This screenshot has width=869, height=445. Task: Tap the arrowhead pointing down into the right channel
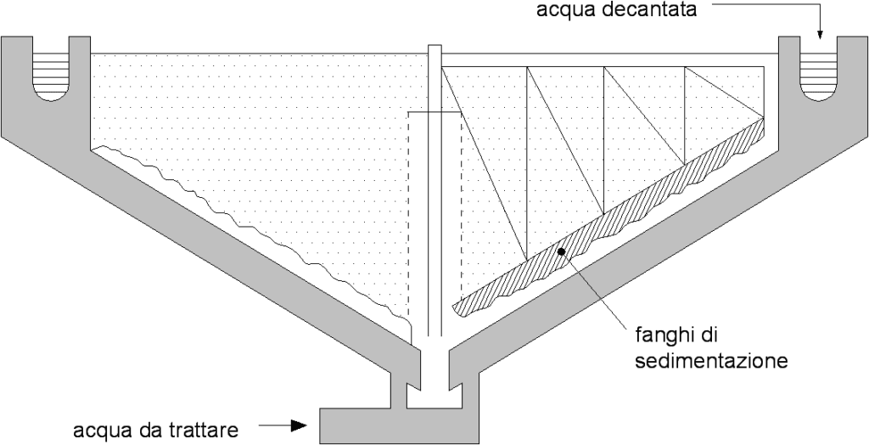[820, 36]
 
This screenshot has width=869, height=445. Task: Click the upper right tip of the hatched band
[761, 124]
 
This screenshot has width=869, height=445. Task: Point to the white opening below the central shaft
[434, 395]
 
